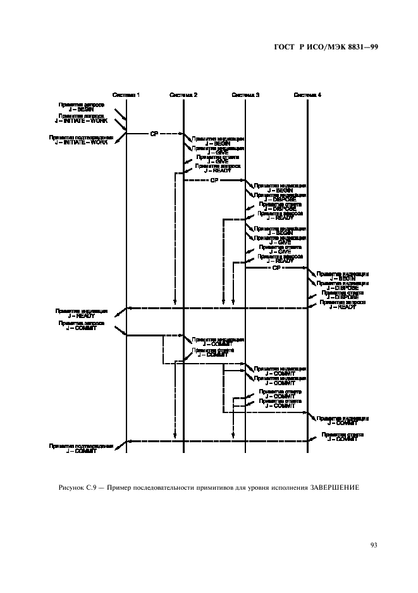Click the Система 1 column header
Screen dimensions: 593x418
click(x=126, y=95)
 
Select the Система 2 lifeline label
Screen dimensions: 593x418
click(x=183, y=95)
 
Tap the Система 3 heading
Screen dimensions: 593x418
click(x=245, y=95)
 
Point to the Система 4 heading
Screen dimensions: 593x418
click(x=307, y=95)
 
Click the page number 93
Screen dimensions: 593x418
click(x=373, y=544)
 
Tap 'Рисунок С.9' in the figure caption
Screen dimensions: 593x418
click(x=75, y=487)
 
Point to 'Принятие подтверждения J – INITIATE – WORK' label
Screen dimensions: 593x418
click(x=81, y=139)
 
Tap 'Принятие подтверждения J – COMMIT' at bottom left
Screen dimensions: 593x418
click(x=81, y=448)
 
